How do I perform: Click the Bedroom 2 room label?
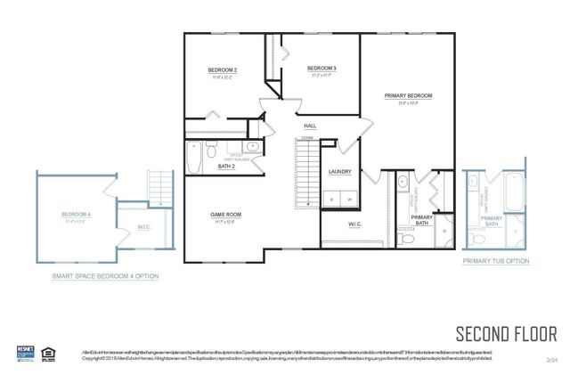[223, 69]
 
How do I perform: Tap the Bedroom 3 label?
[322, 69]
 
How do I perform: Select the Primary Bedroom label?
[408, 95]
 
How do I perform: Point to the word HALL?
[310, 126]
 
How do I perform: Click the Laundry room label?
[339, 171]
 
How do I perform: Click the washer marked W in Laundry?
[349, 199]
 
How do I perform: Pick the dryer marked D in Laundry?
[331, 199]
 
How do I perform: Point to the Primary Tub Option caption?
[495, 261]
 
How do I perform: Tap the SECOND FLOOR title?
[506, 335]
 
